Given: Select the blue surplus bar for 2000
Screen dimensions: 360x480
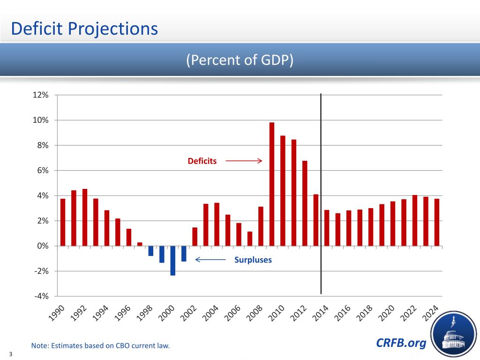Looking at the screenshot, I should click(173, 261).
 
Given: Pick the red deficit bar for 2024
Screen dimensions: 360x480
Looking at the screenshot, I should click(437, 222).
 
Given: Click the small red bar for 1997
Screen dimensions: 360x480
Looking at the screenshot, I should click(140, 244).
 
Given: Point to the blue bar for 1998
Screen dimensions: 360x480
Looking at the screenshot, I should click(151, 251).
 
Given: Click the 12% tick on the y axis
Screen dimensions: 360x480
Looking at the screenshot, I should click(41, 95).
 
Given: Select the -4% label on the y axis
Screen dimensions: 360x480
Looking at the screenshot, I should click(41, 296).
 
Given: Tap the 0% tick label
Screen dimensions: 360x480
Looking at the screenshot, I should click(43, 246).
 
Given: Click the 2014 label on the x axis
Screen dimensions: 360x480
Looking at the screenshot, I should click(321, 314).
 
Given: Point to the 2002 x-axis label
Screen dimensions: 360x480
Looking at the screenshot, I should click(189, 314).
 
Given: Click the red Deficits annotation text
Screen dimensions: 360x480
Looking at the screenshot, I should click(202, 161).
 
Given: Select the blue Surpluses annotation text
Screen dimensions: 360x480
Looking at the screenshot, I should click(253, 260).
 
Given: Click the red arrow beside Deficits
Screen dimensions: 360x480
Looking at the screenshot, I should click(243, 161).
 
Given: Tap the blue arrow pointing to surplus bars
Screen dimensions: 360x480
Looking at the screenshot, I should click(211, 260).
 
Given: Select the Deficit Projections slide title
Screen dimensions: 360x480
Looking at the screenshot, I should click(84, 29).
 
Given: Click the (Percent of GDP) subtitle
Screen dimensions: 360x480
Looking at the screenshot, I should click(240, 60).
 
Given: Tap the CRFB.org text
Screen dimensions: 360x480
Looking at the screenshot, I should click(401, 344).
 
